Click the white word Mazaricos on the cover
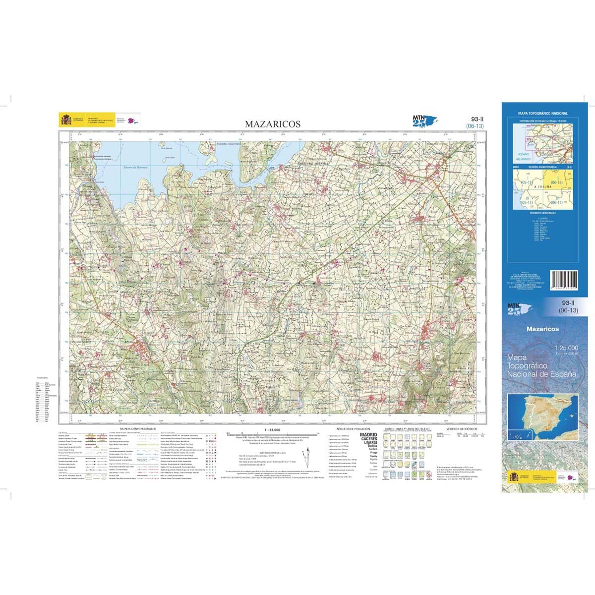542,329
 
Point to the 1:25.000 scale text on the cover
567,348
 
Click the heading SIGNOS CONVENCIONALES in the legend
138,428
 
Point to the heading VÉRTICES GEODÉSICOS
461,428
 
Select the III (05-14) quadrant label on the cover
527,200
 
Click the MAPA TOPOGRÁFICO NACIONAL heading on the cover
542,114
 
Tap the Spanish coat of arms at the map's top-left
65,120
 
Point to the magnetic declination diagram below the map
308,454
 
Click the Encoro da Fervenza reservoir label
136,167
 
